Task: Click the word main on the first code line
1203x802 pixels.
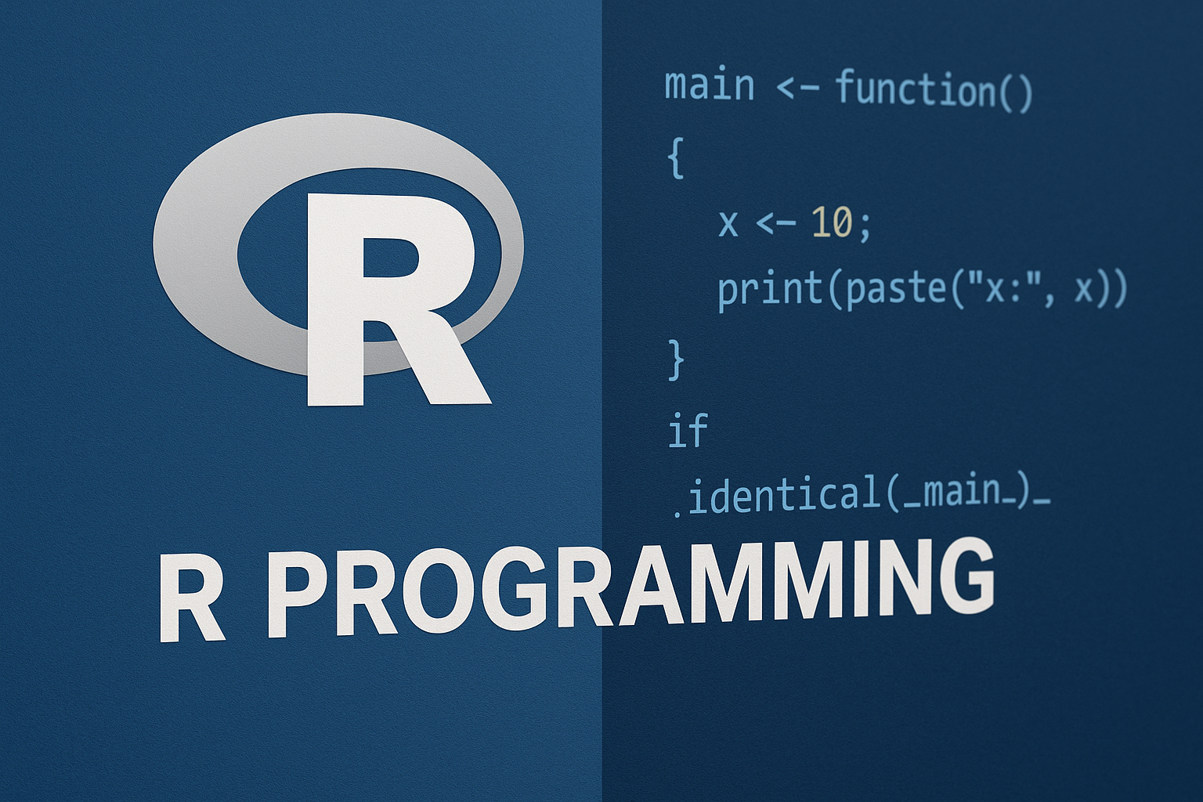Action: (710, 86)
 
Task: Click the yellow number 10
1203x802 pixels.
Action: (832, 223)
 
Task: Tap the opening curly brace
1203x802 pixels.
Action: (675, 158)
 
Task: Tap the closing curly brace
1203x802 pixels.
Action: (676, 359)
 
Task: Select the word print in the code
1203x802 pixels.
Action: (771, 290)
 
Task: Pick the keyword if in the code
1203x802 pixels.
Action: (688, 430)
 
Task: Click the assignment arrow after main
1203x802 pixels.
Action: (797, 88)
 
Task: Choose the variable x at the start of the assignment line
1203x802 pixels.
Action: (728, 224)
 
